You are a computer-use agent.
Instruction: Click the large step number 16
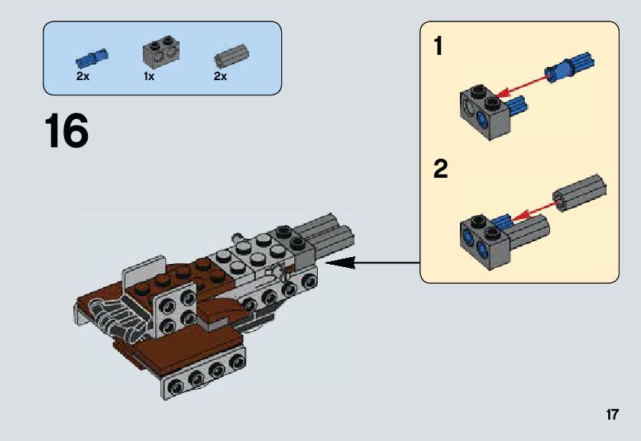[66, 131]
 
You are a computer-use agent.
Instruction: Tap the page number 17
[611, 415]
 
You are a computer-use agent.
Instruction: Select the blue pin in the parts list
[92, 57]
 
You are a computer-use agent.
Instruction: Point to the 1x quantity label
[148, 77]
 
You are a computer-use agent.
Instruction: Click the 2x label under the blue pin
[83, 77]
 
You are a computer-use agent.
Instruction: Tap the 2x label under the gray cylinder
[220, 77]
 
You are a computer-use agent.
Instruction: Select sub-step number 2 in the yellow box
[440, 169]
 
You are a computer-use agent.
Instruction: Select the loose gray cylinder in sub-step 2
[581, 192]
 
